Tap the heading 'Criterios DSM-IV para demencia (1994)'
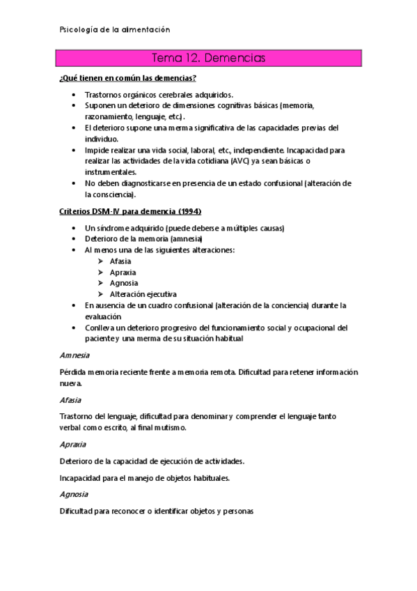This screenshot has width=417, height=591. pyautogui.click(x=133, y=210)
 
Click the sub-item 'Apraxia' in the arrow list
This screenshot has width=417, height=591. pyautogui.click(x=123, y=273)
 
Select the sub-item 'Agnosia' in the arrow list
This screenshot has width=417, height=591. pyautogui.click(x=124, y=283)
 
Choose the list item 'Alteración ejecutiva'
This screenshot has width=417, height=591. pyautogui.click(x=143, y=294)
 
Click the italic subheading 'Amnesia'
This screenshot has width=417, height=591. pyautogui.click(x=74, y=355)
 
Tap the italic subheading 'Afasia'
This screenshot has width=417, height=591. pyautogui.click(x=70, y=400)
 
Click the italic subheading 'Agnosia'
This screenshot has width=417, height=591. pyautogui.click(x=74, y=493)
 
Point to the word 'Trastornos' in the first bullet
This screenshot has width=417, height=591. pyautogui.click(x=104, y=95)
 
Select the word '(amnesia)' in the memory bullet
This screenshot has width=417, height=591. pyautogui.click(x=183, y=239)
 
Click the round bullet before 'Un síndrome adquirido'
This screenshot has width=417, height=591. pyautogui.click(x=74, y=228)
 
